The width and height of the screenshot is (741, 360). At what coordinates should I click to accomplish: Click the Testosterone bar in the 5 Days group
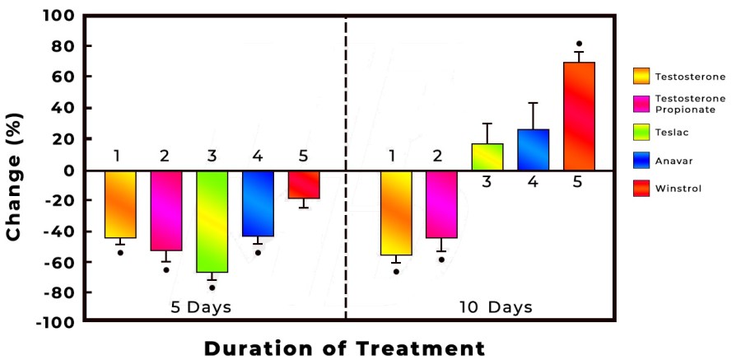coord(119,204)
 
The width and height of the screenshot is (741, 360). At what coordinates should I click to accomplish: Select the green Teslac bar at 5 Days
coord(212,221)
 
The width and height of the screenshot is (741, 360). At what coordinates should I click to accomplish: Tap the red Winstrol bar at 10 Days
coord(579,115)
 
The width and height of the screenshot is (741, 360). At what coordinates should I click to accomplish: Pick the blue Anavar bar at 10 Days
coord(533,150)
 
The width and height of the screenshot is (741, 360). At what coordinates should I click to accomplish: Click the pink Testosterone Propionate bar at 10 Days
coord(440,204)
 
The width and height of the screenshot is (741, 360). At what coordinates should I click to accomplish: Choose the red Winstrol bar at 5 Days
coord(304,185)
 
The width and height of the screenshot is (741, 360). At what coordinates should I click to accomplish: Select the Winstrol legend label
coord(678,189)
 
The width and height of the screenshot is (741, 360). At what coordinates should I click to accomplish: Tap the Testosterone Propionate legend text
coord(690,103)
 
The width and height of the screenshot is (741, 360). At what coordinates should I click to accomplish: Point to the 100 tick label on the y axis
coord(60,16)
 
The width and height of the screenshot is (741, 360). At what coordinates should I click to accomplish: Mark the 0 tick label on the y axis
coord(69,171)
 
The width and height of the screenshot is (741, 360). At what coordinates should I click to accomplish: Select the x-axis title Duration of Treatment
coord(344,348)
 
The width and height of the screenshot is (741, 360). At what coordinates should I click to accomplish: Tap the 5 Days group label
coord(201,307)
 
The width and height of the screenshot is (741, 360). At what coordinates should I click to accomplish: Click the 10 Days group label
coord(496,307)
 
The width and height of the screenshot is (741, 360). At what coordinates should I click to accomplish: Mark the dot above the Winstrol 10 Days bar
coord(579,44)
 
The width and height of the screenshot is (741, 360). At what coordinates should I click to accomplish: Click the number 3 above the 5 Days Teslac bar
coord(212,156)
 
